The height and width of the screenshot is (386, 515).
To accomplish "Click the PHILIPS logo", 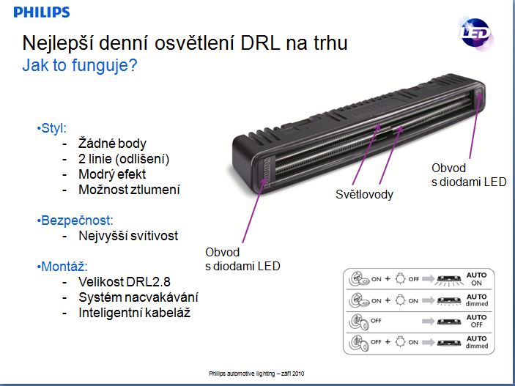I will pyautogui.click(x=41, y=12).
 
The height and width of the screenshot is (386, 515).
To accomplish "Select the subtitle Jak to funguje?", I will pyautogui.click(x=80, y=66).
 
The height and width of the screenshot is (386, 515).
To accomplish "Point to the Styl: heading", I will pyautogui.click(x=55, y=128).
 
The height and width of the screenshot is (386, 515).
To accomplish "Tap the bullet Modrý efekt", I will pyautogui.click(x=112, y=174).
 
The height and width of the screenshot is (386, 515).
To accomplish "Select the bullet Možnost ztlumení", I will pyautogui.click(x=129, y=190).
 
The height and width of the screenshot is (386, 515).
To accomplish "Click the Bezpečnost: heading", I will pyautogui.click(x=73, y=220).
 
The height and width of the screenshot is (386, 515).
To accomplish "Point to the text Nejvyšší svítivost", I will pyautogui.click(x=128, y=236).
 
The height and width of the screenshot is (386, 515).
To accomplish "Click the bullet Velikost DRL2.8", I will pyautogui.click(x=123, y=281).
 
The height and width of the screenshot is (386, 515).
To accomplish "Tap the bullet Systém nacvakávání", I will pyautogui.click(x=138, y=297).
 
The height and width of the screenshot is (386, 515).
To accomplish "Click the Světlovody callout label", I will pyautogui.click(x=364, y=194).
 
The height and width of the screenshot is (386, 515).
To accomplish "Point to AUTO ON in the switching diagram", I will pyautogui.click(x=476, y=279).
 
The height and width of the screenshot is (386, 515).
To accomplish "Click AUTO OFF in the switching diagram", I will pyautogui.click(x=476, y=321).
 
